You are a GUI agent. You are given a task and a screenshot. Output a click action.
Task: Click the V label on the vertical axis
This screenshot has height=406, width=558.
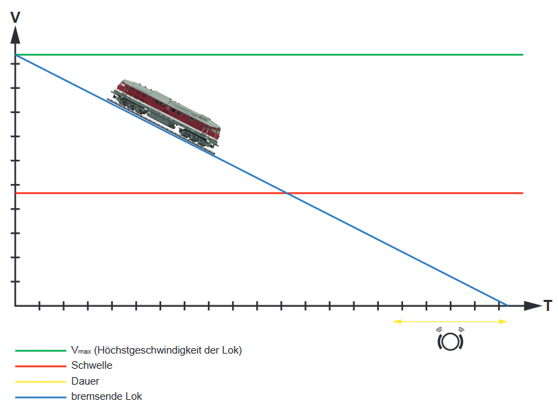(15, 17)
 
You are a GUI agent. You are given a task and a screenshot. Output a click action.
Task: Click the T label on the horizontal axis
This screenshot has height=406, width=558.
(547, 305)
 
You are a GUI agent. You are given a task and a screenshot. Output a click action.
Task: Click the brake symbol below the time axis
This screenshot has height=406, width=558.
(450, 340)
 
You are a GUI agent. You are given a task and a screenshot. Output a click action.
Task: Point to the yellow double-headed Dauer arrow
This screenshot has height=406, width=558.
(449, 321)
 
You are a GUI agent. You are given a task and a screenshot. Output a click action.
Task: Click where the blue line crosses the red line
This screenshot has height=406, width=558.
(287, 193)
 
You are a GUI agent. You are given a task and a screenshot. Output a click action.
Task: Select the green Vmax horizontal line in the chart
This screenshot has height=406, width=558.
(344, 54)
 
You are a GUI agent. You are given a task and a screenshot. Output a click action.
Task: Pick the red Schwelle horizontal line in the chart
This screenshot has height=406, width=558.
(413, 193)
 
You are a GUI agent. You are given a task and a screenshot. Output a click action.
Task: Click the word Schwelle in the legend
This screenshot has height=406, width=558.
(92, 365)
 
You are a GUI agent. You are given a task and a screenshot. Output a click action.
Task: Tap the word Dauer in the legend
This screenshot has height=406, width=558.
(85, 380)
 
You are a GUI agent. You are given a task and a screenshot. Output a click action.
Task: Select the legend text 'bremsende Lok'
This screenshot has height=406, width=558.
(106, 396)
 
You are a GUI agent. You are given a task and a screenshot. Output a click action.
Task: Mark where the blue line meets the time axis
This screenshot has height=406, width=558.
(507, 305)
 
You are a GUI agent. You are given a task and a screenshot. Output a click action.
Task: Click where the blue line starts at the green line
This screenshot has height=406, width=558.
(16, 54)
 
